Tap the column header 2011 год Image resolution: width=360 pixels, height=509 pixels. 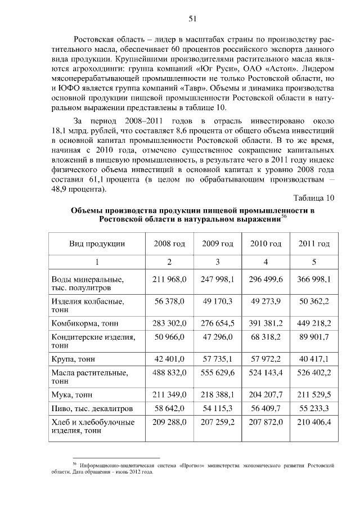[x=314, y=244]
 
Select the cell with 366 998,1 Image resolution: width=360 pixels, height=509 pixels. [x=314, y=278]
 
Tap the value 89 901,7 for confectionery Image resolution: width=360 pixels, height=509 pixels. [x=314, y=337]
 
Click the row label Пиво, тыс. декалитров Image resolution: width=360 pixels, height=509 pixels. [x=91, y=408]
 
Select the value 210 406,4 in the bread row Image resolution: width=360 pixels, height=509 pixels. [x=314, y=422]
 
